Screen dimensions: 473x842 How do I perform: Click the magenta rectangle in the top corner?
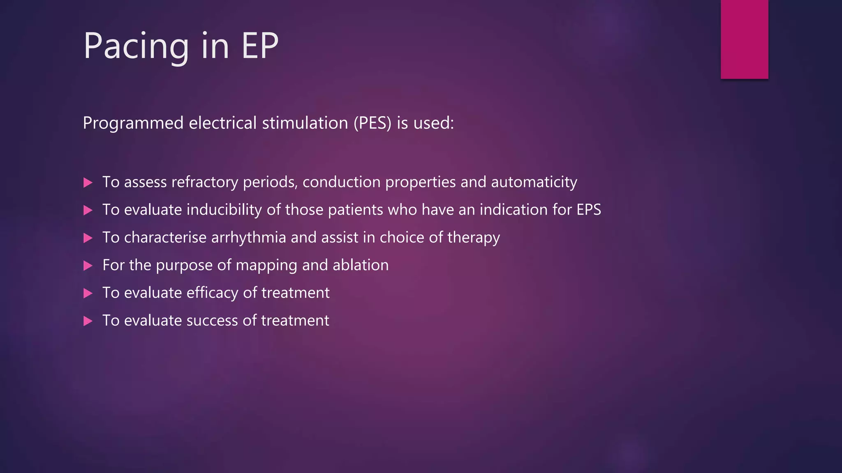pyautogui.click(x=744, y=39)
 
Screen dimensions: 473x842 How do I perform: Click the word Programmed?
pyautogui.click(x=133, y=123)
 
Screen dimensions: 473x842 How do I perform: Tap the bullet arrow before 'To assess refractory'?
pyautogui.click(x=88, y=183)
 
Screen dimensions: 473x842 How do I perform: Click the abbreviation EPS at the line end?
pyautogui.click(x=588, y=210)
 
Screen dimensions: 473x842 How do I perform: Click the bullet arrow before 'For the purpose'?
pyautogui.click(x=88, y=266)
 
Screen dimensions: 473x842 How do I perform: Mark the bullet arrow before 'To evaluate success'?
pyautogui.click(x=88, y=321)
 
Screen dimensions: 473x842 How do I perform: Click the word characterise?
pyautogui.click(x=165, y=237)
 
